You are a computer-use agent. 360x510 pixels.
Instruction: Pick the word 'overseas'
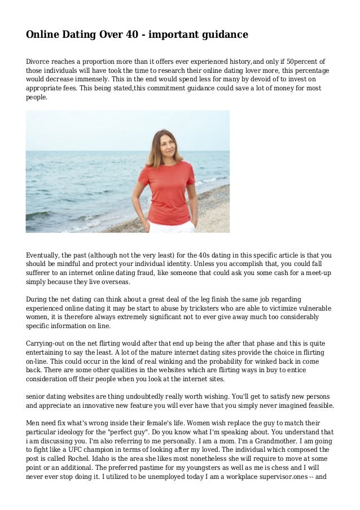[113, 282]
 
